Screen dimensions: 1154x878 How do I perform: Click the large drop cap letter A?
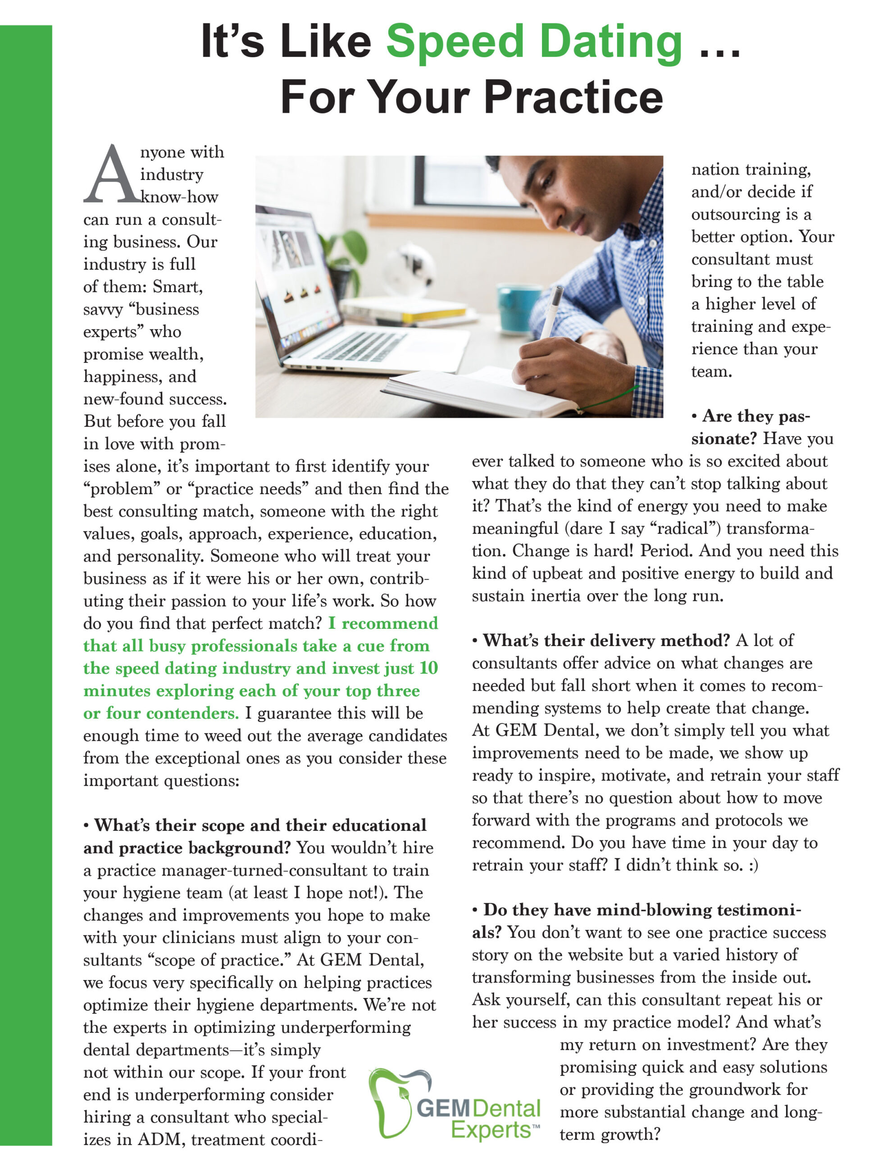[111, 175]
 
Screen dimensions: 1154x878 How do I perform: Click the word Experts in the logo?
[491, 1129]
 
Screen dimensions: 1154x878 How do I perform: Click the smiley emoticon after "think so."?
[753, 865]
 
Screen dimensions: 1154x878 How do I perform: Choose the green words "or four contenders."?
[161, 713]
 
